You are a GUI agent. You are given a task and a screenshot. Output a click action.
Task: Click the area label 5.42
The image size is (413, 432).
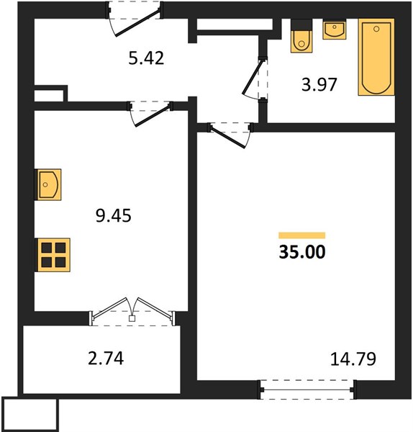(x=146, y=58)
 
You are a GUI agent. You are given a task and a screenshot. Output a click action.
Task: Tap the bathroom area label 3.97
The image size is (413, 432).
(x=319, y=84)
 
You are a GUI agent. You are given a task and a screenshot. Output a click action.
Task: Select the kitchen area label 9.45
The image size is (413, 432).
(x=114, y=215)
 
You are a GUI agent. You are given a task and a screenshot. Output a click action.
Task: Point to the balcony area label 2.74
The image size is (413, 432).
(x=106, y=358)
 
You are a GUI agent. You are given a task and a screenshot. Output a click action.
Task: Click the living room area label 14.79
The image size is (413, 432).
(x=353, y=359)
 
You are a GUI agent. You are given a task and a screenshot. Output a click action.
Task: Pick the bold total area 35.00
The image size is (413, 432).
(x=302, y=252)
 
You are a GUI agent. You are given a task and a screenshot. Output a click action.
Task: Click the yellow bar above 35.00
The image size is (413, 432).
(x=302, y=235)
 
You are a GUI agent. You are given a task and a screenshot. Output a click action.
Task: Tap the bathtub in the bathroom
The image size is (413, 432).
(x=376, y=57)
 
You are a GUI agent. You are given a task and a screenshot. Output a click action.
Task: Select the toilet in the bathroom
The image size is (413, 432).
(x=301, y=36)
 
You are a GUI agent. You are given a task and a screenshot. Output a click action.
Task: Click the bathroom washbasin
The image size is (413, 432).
(x=335, y=30)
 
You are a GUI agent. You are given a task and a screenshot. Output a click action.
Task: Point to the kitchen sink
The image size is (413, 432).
(x=48, y=184)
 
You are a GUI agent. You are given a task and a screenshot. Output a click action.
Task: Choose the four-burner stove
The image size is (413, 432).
(x=53, y=255)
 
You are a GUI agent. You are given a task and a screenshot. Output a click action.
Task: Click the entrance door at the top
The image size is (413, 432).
(x=137, y=22)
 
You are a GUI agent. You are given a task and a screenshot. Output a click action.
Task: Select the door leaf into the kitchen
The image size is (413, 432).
(x=152, y=116)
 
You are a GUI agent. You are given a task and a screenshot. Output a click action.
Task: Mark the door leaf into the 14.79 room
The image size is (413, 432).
(x=227, y=138)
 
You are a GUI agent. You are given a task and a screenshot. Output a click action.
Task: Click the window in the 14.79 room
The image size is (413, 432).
(x=307, y=390)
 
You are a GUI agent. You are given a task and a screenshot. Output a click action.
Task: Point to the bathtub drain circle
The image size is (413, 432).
(x=376, y=29)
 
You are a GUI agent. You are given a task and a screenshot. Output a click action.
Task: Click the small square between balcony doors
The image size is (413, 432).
(x=132, y=318)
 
